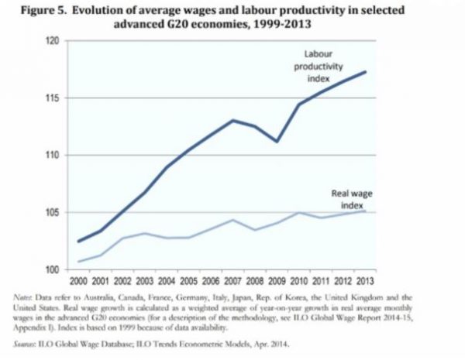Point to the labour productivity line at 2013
[x=365, y=72]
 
